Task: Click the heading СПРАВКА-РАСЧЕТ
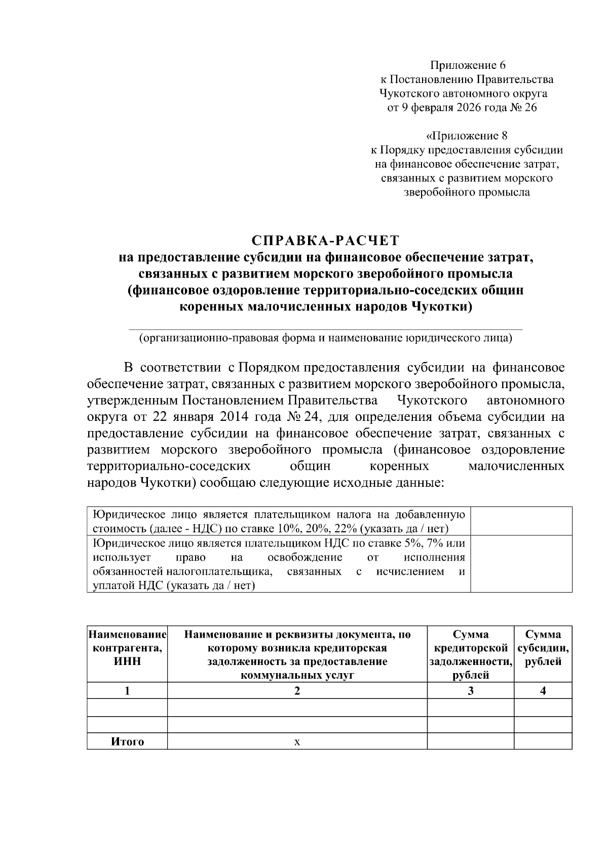click(326, 240)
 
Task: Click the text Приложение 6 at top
click(468, 65)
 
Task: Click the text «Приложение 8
click(466, 136)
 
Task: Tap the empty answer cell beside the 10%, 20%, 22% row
click(521, 521)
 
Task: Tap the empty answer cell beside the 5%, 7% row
click(521, 564)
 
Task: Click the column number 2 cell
click(297, 691)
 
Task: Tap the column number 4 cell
click(543, 691)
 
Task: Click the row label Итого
click(127, 742)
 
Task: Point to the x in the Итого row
click(297, 742)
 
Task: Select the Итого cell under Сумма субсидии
click(543, 742)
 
